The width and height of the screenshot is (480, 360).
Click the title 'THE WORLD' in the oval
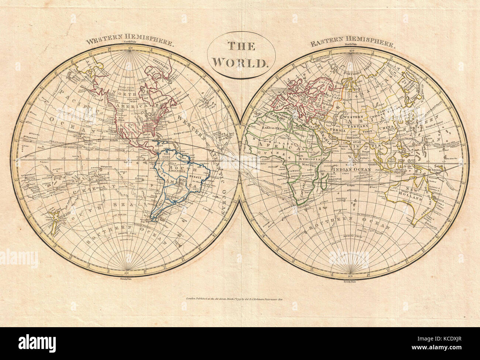pos(240,54)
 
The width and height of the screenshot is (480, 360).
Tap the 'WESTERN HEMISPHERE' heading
pos(130,41)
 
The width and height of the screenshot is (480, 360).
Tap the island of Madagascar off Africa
pos(324,181)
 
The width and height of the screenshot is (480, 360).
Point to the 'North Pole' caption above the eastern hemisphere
pos(349,44)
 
